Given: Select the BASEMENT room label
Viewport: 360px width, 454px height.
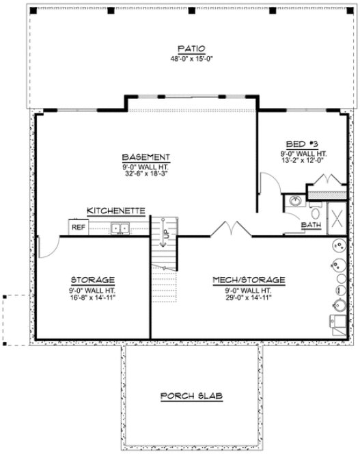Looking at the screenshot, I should (x=146, y=157).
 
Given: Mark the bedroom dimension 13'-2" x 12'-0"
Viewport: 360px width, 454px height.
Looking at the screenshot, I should (x=303, y=161).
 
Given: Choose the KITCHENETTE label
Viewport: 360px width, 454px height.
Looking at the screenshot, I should (x=115, y=211).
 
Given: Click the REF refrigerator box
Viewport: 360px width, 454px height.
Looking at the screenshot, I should (x=79, y=228).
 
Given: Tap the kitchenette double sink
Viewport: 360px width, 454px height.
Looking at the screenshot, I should (x=121, y=228).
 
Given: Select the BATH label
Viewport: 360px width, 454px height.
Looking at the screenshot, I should (x=311, y=224).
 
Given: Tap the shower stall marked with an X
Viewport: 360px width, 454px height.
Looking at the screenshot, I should (x=337, y=219).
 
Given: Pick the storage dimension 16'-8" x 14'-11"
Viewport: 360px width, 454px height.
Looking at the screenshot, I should (x=92, y=297).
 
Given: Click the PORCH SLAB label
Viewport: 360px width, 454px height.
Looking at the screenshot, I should (x=192, y=396).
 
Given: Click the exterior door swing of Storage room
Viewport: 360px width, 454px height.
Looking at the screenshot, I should (x=46, y=248).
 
